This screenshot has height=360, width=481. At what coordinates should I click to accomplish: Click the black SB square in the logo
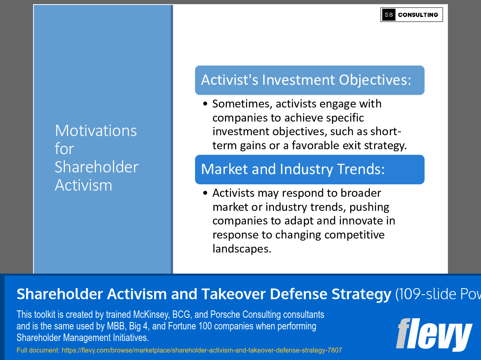pos(389,15)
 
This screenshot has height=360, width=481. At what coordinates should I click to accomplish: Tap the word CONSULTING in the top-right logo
pos(418,15)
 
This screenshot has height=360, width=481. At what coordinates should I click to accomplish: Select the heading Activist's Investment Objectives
pos(306,80)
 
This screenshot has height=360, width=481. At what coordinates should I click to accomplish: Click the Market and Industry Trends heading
pos(293,169)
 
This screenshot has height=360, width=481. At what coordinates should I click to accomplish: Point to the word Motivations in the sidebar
pos(95,131)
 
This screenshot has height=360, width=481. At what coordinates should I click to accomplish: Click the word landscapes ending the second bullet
pos(241,249)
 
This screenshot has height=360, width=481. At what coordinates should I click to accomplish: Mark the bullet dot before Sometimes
pos(205,104)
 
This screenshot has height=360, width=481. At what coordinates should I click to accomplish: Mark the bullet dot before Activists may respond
pos(205,193)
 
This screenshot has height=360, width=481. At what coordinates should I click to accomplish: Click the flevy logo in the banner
pos(433,334)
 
